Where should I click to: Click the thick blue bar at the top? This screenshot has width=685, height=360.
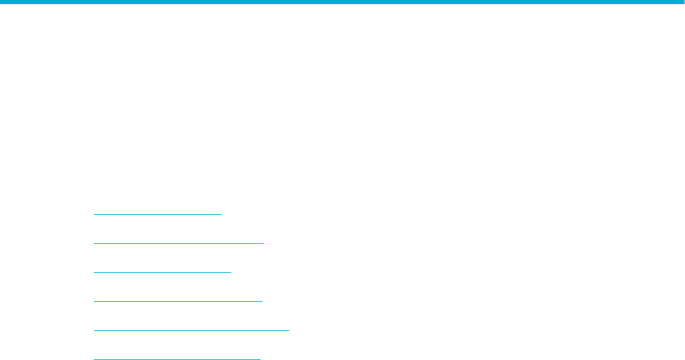pyautogui.click(x=342, y=2)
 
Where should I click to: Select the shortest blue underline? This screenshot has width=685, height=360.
pyautogui.click(x=157, y=214)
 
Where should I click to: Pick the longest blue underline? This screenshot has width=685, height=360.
pyautogui.click(x=191, y=330)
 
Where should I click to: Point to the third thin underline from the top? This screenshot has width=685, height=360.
pyautogui.click(x=162, y=272)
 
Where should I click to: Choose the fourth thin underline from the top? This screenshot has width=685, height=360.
pyautogui.click(x=178, y=301)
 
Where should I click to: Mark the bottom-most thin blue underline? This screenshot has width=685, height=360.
pyautogui.click(x=177, y=359)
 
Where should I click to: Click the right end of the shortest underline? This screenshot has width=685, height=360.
pyautogui.click(x=221, y=214)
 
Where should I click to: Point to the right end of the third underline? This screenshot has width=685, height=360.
pyautogui.click(x=231, y=272)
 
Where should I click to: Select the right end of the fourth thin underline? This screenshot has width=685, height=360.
pyautogui.click(x=262, y=301)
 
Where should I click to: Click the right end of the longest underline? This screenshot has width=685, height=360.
pyautogui.click(x=288, y=330)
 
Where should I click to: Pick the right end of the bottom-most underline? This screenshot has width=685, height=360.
pyautogui.click(x=260, y=359)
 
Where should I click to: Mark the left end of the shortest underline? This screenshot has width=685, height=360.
pyautogui.click(x=94, y=214)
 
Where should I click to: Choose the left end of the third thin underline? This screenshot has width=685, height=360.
pyautogui.click(x=94, y=272)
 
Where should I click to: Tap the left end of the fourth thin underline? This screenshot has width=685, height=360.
pyautogui.click(x=94, y=301)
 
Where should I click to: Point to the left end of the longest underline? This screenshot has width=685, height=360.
pyautogui.click(x=94, y=330)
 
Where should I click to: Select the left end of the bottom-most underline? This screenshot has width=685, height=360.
pyautogui.click(x=94, y=359)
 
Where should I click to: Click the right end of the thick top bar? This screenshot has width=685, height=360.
pyautogui.click(x=682, y=2)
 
